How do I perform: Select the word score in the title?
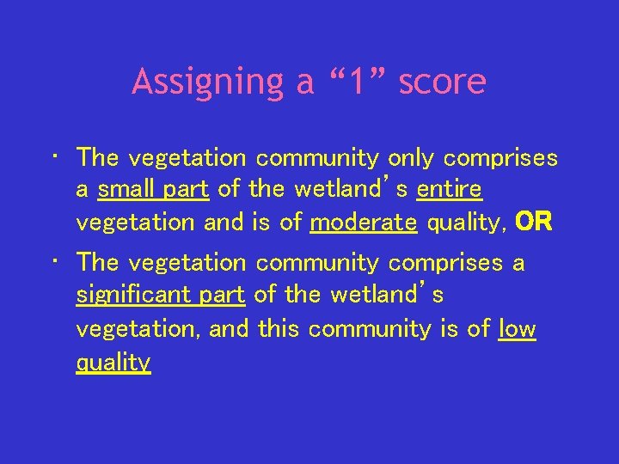coord(443,82)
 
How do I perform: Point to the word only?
coord(410,158)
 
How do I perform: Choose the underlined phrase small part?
coord(153,190)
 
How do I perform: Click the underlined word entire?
coord(449,190)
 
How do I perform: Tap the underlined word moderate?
coord(364,223)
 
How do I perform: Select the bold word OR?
coord(533,223)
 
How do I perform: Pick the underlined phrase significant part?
coord(161,295)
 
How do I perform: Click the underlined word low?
coord(517,328)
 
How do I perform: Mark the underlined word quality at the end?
coord(113,362)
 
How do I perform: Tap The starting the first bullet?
coord(97,158)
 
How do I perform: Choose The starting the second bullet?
coord(97,262)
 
